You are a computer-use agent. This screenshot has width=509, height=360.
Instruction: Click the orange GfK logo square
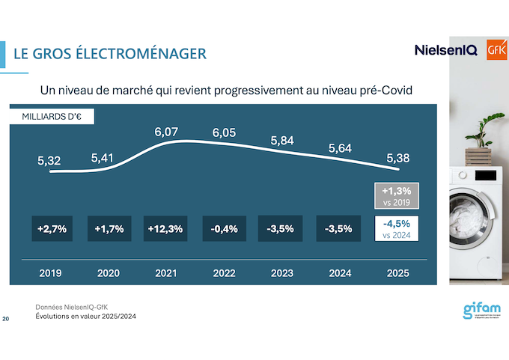[x=496, y=49]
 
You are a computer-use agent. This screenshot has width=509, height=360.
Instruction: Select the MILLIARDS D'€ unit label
[x=52, y=117]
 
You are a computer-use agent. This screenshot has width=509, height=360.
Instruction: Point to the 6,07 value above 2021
[x=167, y=132]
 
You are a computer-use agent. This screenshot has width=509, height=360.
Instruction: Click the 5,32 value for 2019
[x=50, y=160]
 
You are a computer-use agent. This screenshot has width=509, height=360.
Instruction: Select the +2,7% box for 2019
[x=52, y=229]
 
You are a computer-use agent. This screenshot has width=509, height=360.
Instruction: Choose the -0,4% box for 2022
[x=224, y=229]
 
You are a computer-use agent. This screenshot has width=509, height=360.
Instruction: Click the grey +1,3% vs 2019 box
[x=397, y=196]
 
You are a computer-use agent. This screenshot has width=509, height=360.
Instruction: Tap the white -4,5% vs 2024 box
[x=397, y=228]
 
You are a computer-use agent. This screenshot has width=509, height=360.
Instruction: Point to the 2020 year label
[x=109, y=273]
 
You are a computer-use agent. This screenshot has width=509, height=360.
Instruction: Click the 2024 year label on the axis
[x=339, y=273]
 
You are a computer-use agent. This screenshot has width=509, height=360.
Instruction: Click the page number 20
[x=6, y=320]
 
